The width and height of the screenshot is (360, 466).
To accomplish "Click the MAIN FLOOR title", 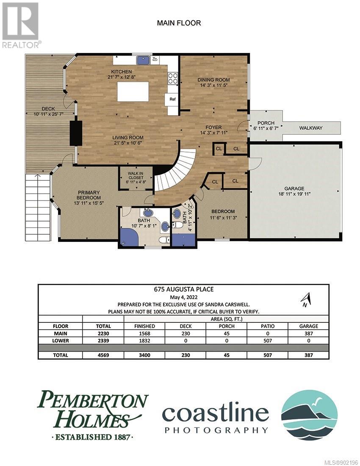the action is [179, 23].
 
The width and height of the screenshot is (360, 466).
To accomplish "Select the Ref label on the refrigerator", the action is [172, 99].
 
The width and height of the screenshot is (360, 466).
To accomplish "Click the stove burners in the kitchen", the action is [173, 78].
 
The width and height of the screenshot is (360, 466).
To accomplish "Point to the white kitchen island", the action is [133, 92].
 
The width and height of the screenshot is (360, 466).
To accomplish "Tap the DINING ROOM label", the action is [213, 80].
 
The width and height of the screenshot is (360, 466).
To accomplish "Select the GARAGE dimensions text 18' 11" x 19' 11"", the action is [294, 194].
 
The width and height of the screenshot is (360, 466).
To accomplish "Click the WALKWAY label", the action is [311, 128].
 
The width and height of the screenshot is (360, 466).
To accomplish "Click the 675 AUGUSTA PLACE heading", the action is [183, 289].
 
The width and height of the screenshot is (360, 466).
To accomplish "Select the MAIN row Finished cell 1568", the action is [144, 333].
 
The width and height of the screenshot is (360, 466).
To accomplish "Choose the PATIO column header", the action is [268, 326].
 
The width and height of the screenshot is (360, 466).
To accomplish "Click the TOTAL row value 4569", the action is [103, 355].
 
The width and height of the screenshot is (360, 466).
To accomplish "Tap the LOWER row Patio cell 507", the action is [268, 341].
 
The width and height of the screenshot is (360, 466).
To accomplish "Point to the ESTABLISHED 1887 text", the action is [92, 437].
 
